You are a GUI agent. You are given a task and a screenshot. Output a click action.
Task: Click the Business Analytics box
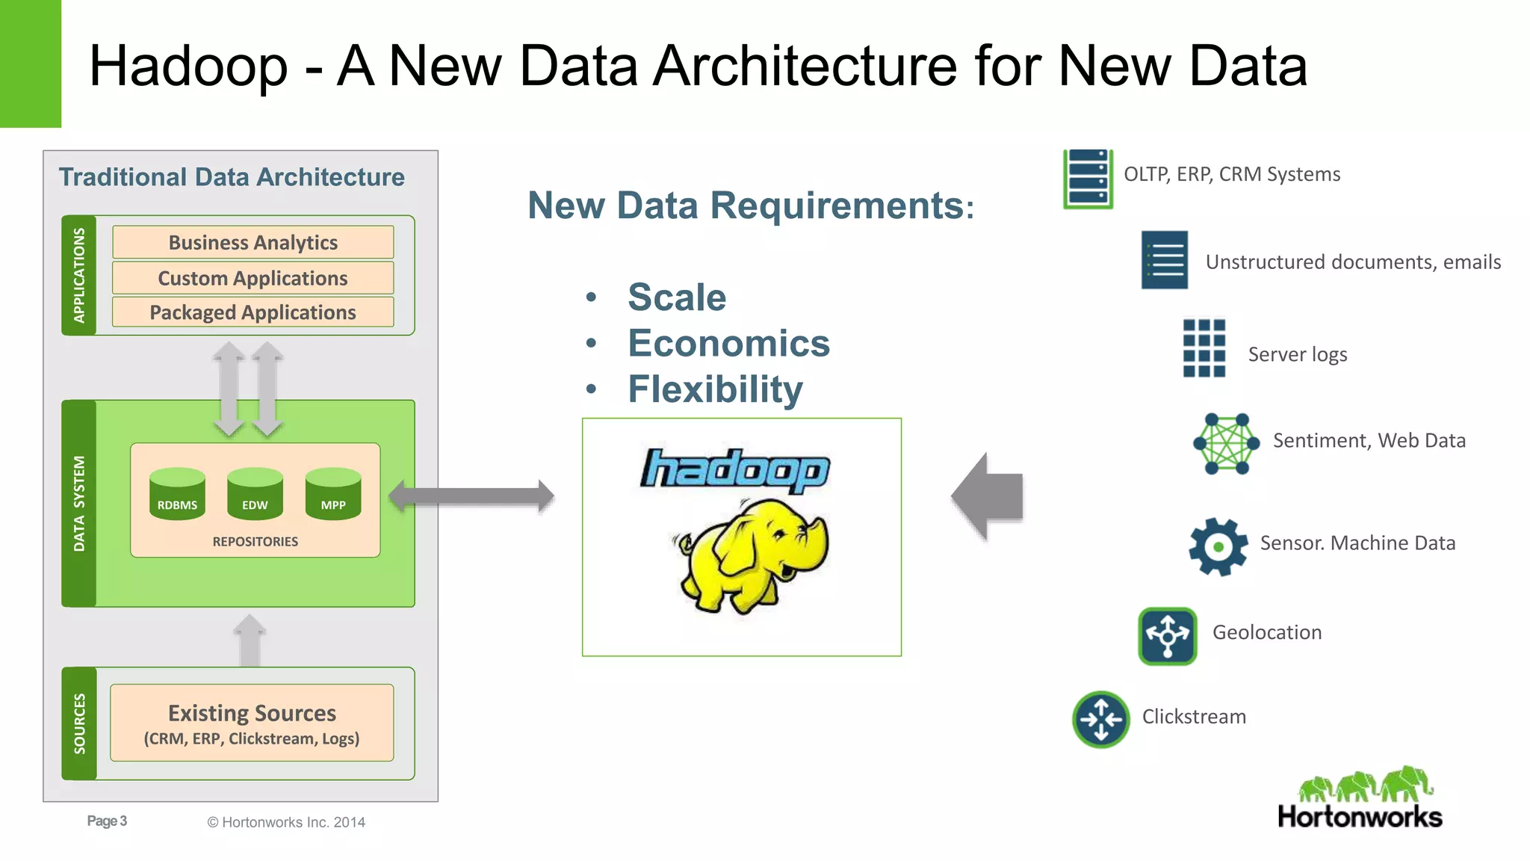point(253,242)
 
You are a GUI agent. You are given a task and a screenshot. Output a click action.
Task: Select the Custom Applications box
point(253,278)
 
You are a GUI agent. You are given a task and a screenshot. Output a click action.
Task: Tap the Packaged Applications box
point(253,312)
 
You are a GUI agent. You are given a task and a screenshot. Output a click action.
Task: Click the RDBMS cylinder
point(177,494)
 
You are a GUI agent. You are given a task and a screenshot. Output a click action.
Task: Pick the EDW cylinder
point(255,494)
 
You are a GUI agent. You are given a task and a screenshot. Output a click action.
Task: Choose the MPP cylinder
point(333,494)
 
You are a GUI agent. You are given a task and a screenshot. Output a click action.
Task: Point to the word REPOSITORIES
point(255,541)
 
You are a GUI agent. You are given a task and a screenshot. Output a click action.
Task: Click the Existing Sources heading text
point(252,713)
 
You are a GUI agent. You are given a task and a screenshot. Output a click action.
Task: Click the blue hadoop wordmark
point(735,470)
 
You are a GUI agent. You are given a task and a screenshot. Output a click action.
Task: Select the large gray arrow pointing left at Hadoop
point(988,496)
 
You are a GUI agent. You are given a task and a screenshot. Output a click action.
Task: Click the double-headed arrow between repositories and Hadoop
point(471,496)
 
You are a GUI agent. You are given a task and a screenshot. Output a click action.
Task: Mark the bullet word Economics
point(728,343)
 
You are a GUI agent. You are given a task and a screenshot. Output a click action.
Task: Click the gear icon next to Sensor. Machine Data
point(1218,546)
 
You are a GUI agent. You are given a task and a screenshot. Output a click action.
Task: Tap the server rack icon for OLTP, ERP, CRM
point(1088,179)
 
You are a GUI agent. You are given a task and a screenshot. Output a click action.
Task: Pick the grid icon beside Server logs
point(1204,348)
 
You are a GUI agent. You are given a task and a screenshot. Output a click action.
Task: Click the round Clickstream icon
point(1100,719)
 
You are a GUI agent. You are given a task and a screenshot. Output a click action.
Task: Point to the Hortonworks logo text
point(1360,816)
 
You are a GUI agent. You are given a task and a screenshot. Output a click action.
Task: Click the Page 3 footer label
point(107,821)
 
